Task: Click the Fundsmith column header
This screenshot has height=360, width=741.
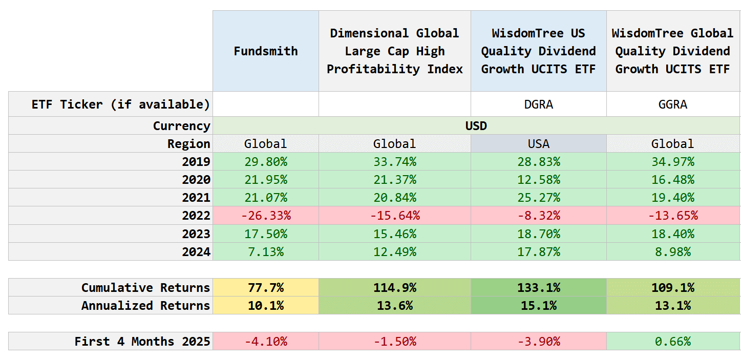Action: [x=265, y=51]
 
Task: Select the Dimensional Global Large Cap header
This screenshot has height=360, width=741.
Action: [x=394, y=51]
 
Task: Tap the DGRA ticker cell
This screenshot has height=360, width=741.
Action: [x=538, y=104]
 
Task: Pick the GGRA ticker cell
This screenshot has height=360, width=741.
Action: [x=673, y=104]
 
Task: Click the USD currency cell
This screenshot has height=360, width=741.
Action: [x=476, y=126]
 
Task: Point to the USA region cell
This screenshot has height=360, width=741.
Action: [x=538, y=144]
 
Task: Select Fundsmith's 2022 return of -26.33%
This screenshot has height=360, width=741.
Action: [x=265, y=216]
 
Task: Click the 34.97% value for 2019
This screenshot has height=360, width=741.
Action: [x=673, y=162]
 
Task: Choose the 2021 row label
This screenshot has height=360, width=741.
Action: [x=196, y=198]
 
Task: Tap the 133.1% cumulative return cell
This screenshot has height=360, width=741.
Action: [x=538, y=288]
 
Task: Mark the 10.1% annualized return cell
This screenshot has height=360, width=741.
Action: [x=265, y=306]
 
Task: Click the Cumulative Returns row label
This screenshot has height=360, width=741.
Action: [x=145, y=288]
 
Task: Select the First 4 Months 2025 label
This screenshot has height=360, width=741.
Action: [x=142, y=342]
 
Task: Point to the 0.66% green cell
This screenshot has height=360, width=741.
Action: [x=673, y=342]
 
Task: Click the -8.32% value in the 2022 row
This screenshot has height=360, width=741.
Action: [x=538, y=216]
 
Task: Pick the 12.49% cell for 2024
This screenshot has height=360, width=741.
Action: [x=394, y=252]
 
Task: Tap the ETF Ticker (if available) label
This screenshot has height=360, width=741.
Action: [x=121, y=104]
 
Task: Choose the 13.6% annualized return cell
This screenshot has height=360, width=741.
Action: [x=394, y=306]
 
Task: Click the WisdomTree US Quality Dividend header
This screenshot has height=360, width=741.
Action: [x=538, y=51]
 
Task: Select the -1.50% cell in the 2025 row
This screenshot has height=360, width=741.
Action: [x=394, y=342]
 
